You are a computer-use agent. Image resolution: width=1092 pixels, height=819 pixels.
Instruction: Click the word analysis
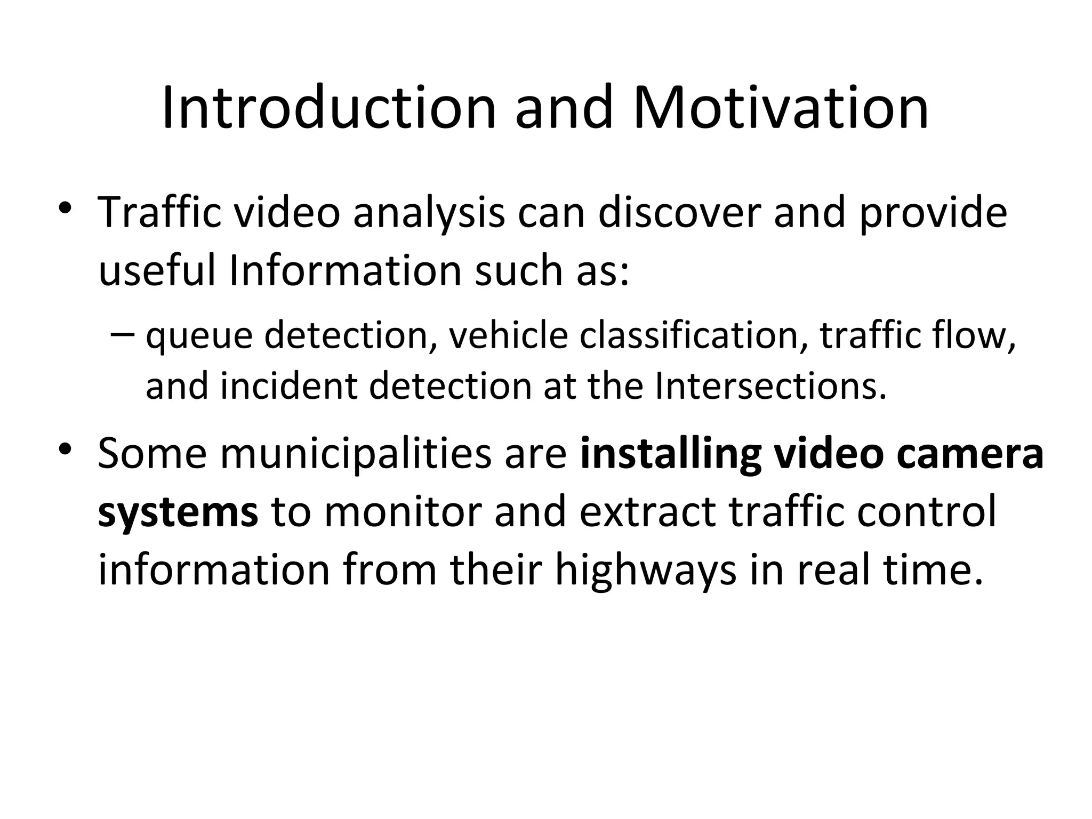429,213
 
